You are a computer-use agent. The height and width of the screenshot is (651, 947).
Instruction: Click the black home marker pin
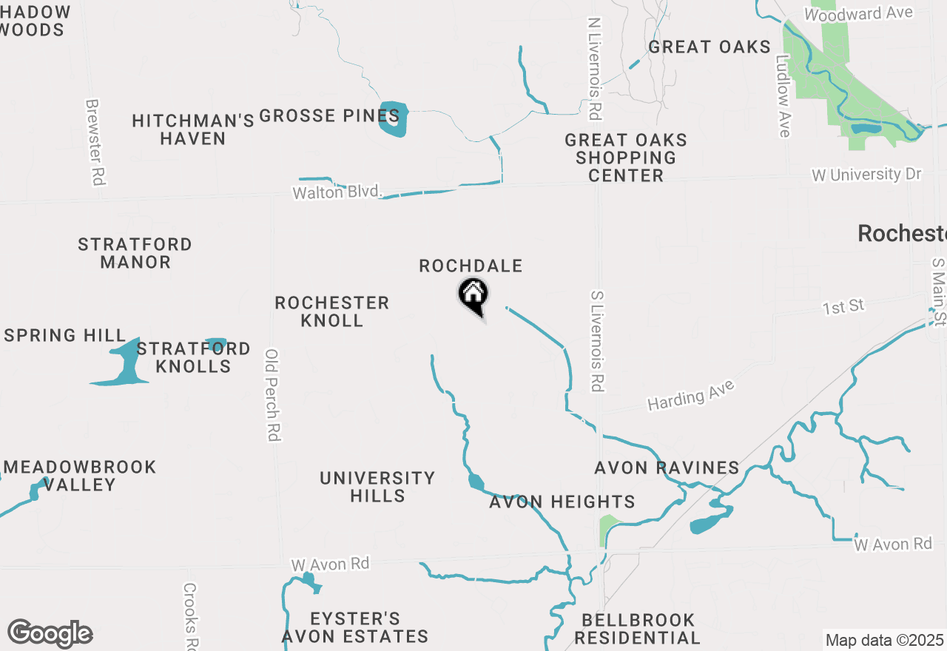pos(473,295)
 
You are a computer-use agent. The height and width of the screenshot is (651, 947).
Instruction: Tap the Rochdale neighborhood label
pos(471,266)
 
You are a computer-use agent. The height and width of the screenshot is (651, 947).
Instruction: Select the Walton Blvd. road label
pos(337,192)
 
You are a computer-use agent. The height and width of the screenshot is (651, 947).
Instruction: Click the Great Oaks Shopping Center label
pos(626,158)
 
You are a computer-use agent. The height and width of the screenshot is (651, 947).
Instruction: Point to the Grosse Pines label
pos(329,116)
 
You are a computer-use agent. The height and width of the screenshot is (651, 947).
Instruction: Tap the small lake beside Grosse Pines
pos(393,118)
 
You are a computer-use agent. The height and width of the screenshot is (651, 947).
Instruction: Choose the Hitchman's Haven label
pos(193,129)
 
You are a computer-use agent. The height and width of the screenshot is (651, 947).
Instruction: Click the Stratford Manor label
pos(135,253)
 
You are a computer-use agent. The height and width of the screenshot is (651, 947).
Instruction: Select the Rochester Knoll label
pos(332,311)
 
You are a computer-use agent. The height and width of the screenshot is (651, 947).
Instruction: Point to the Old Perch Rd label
pos(272,395)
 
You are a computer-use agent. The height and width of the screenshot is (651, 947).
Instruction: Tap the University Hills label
pos(377,487)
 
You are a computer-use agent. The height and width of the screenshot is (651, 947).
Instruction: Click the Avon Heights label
pos(562,502)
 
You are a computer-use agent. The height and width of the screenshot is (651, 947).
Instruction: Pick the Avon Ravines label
pos(667,468)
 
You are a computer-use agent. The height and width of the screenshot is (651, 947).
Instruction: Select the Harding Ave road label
pos(691,395)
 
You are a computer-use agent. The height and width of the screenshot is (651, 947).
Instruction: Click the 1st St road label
pos(843,306)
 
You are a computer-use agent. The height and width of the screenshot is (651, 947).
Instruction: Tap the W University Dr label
pos(866,175)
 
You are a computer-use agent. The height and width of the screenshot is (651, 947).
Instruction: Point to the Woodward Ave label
pos(858,13)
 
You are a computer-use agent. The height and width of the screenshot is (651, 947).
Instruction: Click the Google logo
pos(50,633)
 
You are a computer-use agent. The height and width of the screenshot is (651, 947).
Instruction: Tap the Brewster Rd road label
pos(95,142)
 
